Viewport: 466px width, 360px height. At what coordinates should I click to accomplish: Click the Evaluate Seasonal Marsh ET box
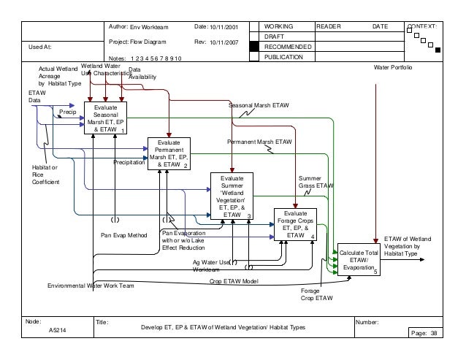pyautogui.click(x=105, y=118)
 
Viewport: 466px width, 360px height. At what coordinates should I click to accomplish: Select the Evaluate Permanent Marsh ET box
pyautogui.click(x=169, y=153)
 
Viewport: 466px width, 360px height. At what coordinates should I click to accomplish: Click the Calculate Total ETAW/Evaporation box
pyautogui.click(x=359, y=260)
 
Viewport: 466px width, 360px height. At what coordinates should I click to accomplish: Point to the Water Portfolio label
pyautogui.click(x=393, y=66)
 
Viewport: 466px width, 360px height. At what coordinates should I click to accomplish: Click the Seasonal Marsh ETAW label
pyautogui.click(x=259, y=106)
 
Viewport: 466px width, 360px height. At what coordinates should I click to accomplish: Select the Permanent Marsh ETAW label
pyautogui.click(x=259, y=140)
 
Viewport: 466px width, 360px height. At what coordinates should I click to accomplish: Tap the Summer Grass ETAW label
pyautogui.click(x=316, y=182)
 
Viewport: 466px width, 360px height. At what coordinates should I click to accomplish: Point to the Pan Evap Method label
pyautogui.click(x=124, y=236)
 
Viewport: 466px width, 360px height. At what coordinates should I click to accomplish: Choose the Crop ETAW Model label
pyautogui.click(x=234, y=280)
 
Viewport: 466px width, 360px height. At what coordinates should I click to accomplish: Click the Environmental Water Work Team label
pyautogui.click(x=91, y=286)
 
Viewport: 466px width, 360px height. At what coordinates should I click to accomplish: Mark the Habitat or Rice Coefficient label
pyautogui.click(x=42, y=175)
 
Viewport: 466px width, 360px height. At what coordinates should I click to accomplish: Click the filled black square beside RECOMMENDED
pyautogui.click(x=253, y=46)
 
